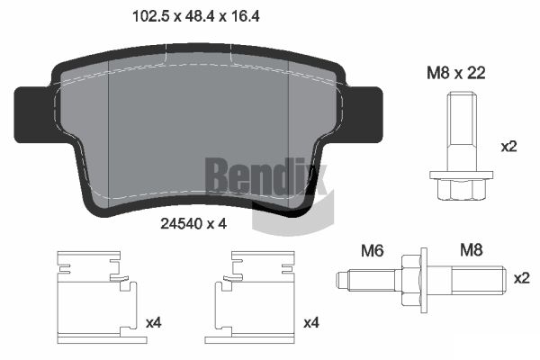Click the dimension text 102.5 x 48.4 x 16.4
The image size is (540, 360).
tap(196, 16)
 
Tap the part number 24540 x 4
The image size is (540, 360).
tap(193, 224)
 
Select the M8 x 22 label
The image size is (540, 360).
tap(456, 73)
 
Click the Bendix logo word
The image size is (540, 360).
tap(265, 176)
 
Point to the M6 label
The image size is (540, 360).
tap(373, 251)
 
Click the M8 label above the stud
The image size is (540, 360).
tap(472, 250)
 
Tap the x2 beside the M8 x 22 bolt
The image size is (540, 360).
tap(509, 147)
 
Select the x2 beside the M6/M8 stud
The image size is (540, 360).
tap(522, 278)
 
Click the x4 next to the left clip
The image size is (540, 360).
tap(154, 323)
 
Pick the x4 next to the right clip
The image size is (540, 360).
tap(311, 323)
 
